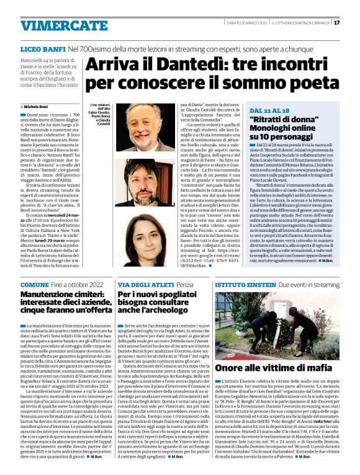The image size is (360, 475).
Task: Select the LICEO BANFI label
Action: (42, 48)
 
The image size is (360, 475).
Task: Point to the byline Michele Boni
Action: (42, 107)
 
